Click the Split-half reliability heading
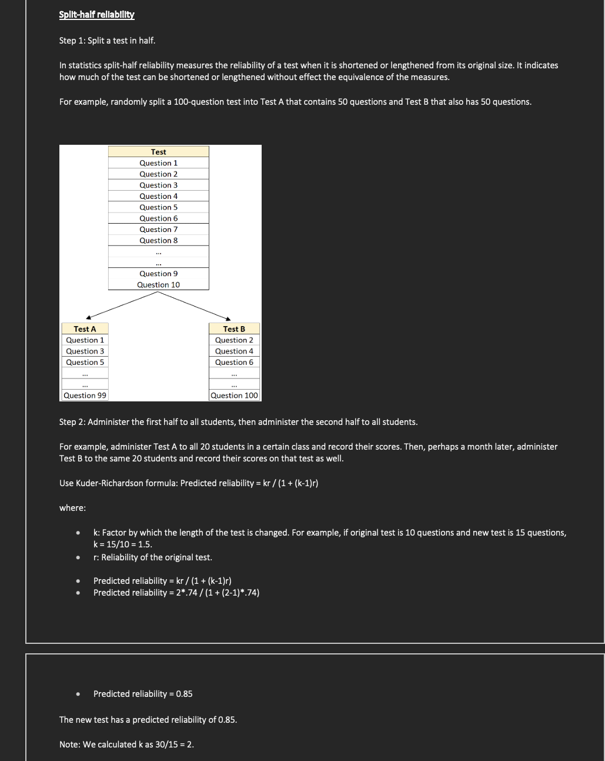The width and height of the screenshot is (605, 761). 97,15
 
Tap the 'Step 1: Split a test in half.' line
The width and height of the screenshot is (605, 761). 107,41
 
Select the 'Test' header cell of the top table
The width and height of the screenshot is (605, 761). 158,152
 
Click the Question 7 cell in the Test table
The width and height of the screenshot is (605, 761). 158,230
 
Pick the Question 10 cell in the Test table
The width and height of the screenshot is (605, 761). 158,285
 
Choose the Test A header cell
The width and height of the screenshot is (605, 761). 85,329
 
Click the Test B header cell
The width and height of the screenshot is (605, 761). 234,329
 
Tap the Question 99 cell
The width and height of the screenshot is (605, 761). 85,396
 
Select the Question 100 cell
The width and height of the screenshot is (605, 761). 234,396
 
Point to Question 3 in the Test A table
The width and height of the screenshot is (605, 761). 85,351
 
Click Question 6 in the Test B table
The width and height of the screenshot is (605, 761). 234,363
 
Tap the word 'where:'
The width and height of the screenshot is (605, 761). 72,508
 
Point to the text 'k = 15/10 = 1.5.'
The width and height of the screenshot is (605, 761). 123,544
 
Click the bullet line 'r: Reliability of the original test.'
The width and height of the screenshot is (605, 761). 153,557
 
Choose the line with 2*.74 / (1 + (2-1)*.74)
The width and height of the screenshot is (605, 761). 176,593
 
